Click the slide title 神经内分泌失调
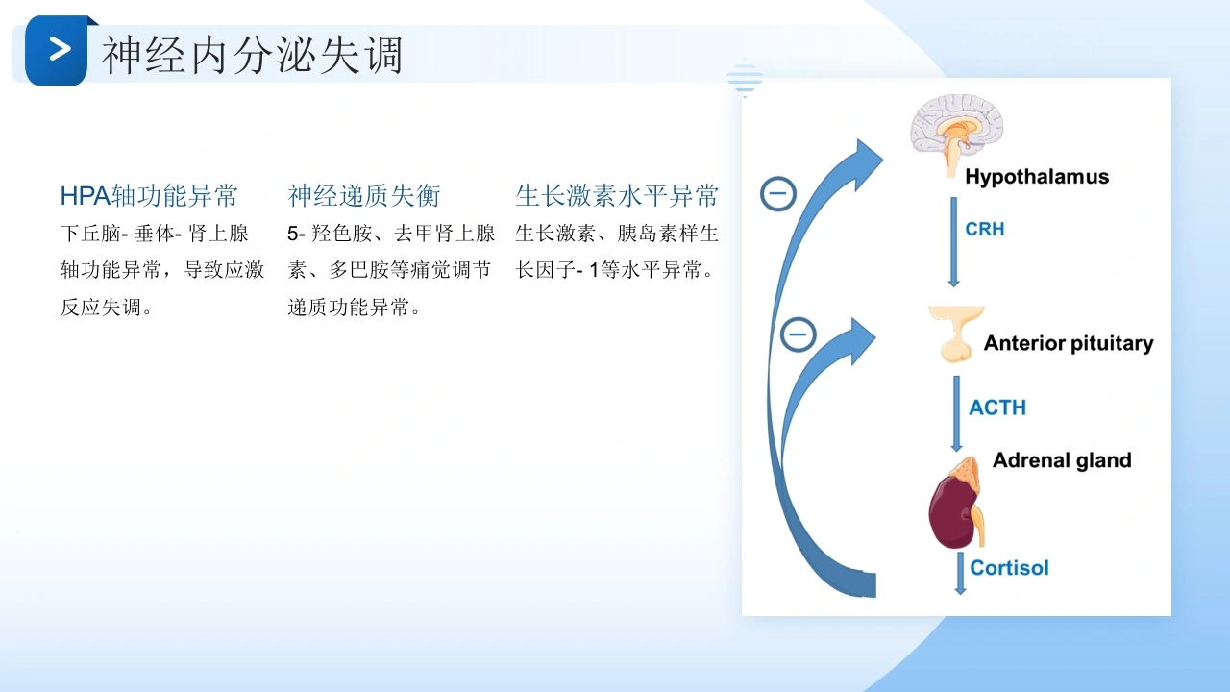pyautogui.click(x=253, y=55)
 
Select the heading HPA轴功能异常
pyautogui.click(x=149, y=195)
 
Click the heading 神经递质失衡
pyautogui.click(x=364, y=195)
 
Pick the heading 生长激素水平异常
pyautogui.click(x=617, y=195)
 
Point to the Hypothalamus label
pyautogui.click(x=1037, y=177)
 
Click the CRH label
pyautogui.click(x=985, y=229)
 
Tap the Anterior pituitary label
pyautogui.click(x=1068, y=343)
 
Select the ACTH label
pyautogui.click(x=997, y=408)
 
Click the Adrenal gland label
pyautogui.click(x=1062, y=460)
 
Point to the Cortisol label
pyautogui.click(x=1009, y=568)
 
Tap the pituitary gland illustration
pyautogui.click(x=956, y=334)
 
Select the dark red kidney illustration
pyautogui.click(x=955, y=510)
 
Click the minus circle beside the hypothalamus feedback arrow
pyautogui.click(x=778, y=194)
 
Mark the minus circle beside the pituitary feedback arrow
pyautogui.click(x=798, y=334)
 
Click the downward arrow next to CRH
pyautogui.click(x=954, y=242)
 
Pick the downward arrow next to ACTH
pyautogui.click(x=956, y=413)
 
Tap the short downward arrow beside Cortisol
pyautogui.click(x=960, y=574)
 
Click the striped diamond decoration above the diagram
pyautogui.click(x=745, y=78)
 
